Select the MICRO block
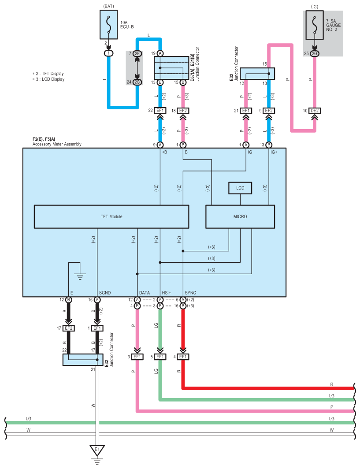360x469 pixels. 240,216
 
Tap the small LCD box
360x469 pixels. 240,188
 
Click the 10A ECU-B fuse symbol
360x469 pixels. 108,25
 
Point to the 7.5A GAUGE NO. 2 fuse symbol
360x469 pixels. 315,25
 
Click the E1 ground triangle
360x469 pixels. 97,450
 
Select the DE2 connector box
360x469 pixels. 315,111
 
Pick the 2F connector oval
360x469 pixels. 137,53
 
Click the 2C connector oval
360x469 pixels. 137,82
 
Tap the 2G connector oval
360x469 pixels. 315,53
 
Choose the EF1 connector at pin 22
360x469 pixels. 160,111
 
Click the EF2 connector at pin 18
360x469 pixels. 183,111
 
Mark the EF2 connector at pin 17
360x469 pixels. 69,328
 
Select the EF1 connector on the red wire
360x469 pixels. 183,357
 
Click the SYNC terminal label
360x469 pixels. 190,293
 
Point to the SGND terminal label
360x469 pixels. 105,293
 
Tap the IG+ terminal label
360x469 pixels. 274,152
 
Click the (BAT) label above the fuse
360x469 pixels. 108,6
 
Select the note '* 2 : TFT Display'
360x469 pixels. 48,74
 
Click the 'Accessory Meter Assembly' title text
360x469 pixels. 57,144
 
